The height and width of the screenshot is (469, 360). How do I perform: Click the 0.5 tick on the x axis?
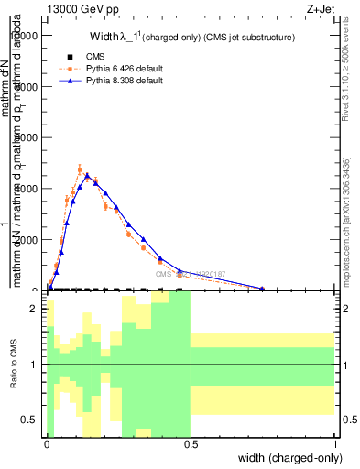click(x=191, y=443)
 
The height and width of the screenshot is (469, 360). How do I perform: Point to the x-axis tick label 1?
click(x=335, y=443)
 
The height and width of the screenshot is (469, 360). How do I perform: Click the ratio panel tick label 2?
click(x=35, y=310)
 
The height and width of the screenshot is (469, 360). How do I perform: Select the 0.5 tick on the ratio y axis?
click(x=31, y=420)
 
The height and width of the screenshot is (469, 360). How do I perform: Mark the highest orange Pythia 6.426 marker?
click(x=81, y=169)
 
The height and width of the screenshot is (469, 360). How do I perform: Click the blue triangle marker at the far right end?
click(x=263, y=289)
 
